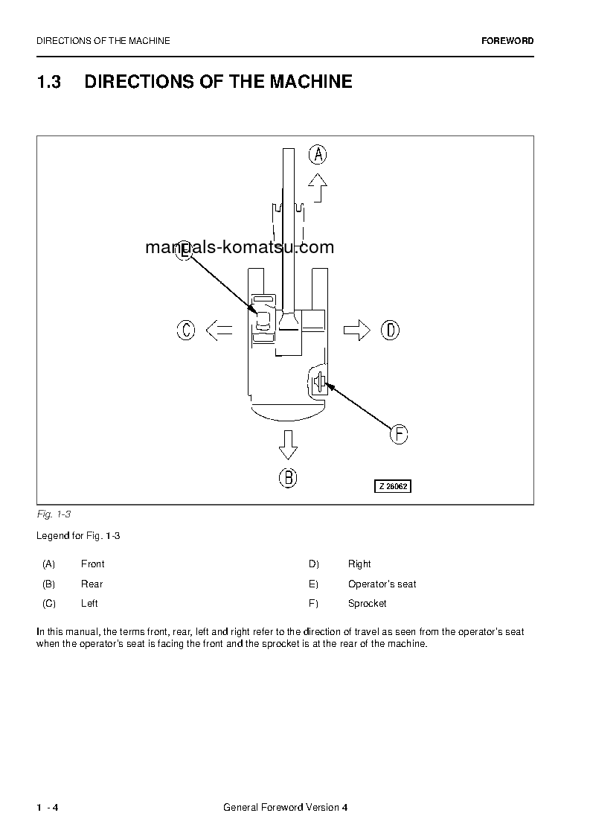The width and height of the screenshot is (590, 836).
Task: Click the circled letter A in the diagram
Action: pyautogui.click(x=318, y=155)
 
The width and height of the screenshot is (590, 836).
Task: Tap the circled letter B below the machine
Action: pyautogui.click(x=288, y=477)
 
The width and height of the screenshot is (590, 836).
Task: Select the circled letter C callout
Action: pyautogui.click(x=186, y=330)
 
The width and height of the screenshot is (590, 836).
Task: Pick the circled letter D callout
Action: pyautogui.click(x=390, y=330)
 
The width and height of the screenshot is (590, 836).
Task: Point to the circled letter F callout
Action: pyautogui.click(x=399, y=434)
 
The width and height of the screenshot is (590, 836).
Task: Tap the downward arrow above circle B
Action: pyautogui.click(x=288, y=445)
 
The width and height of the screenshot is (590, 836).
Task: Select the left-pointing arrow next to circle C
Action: pyautogui.click(x=218, y=330)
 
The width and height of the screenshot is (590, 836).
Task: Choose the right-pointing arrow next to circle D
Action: pyautogui.click(x=357, y=330)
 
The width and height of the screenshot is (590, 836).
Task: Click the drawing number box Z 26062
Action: pyautogui.click(x=392, y=486)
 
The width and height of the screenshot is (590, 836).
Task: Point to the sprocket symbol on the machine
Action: pyautogui.click(x=318, y=383)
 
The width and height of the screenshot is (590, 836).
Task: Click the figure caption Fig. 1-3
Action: pyautogui.click(x=54, y=514)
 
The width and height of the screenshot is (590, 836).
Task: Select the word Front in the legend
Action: pyautogui.click(x=92, y=564)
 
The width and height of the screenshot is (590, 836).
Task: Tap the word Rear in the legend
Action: pyautogui.click(x=92, y=584)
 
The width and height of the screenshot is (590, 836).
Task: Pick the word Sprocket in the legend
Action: pyautogui.click(x=367, y=604)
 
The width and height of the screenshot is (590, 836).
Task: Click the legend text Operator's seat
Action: pyautogui.click(x=382, y=584)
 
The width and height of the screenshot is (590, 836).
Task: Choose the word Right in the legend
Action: pyautogui.click(x=359, y=564)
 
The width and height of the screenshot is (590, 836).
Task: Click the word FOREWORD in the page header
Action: pyautogui.click(x=507, y=41)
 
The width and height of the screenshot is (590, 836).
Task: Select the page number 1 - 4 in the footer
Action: pyautogui.click(x=47, y=808)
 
